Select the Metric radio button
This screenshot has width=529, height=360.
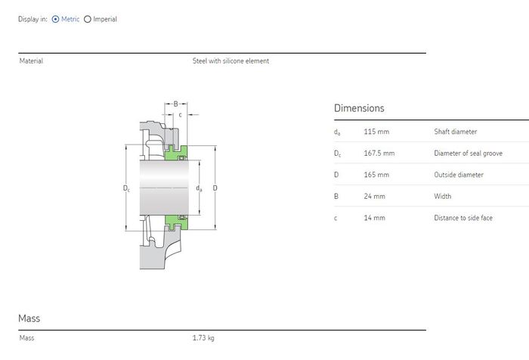pos(55,19)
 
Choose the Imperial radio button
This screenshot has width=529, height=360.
pos(88,19)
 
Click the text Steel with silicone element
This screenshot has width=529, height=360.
pos(230,61)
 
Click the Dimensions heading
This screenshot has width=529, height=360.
pos(359,108)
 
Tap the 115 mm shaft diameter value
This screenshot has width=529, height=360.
pos(376,132)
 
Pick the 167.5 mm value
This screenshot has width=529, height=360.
pos(379,154)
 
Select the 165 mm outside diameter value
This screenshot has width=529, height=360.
pos(376,175)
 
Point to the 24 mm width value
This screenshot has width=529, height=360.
pos(374,197)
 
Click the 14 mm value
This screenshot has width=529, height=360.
pos(374,218)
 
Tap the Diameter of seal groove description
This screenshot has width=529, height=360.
pos(468,154)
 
